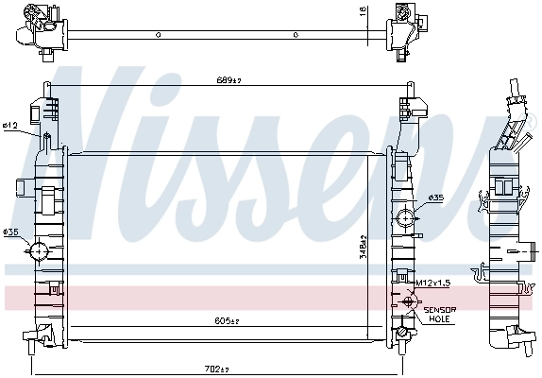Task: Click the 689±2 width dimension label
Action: click(x=229, y=82)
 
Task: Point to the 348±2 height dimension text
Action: click(x=377, y=249)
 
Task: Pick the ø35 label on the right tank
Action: click(x=436, y=198)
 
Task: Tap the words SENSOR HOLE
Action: click(x=439, y=315)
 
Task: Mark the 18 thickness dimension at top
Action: click(x=363, y=11)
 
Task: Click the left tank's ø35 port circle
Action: click(x=39, y=251)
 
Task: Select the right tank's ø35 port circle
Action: click(x=405, y=218)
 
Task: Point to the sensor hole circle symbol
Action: click(x=409, y=302)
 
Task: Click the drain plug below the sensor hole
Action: click(x=403, y=333)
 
